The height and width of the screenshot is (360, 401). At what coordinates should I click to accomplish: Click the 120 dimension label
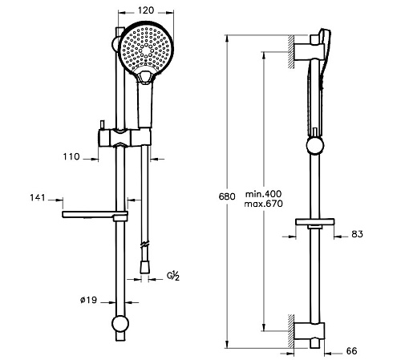tap(146, 10)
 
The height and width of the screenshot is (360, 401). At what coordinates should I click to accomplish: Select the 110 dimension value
tap(71, 156)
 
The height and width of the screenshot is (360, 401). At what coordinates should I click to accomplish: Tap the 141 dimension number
tap(38, 198)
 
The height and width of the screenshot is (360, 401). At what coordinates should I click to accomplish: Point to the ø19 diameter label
tap(88, 300)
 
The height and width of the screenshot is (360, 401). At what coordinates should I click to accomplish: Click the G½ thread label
tap(173, 276)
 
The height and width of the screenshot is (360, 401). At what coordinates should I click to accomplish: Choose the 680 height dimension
tap(227, 196)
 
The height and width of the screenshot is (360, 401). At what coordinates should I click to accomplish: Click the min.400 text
tap(264, 194)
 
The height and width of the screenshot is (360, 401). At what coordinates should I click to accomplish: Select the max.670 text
tap(263, 204)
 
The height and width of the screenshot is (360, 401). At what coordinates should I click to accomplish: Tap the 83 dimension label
tap(358, 234)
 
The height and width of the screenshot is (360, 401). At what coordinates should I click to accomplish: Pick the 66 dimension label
tap(351, 351)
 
